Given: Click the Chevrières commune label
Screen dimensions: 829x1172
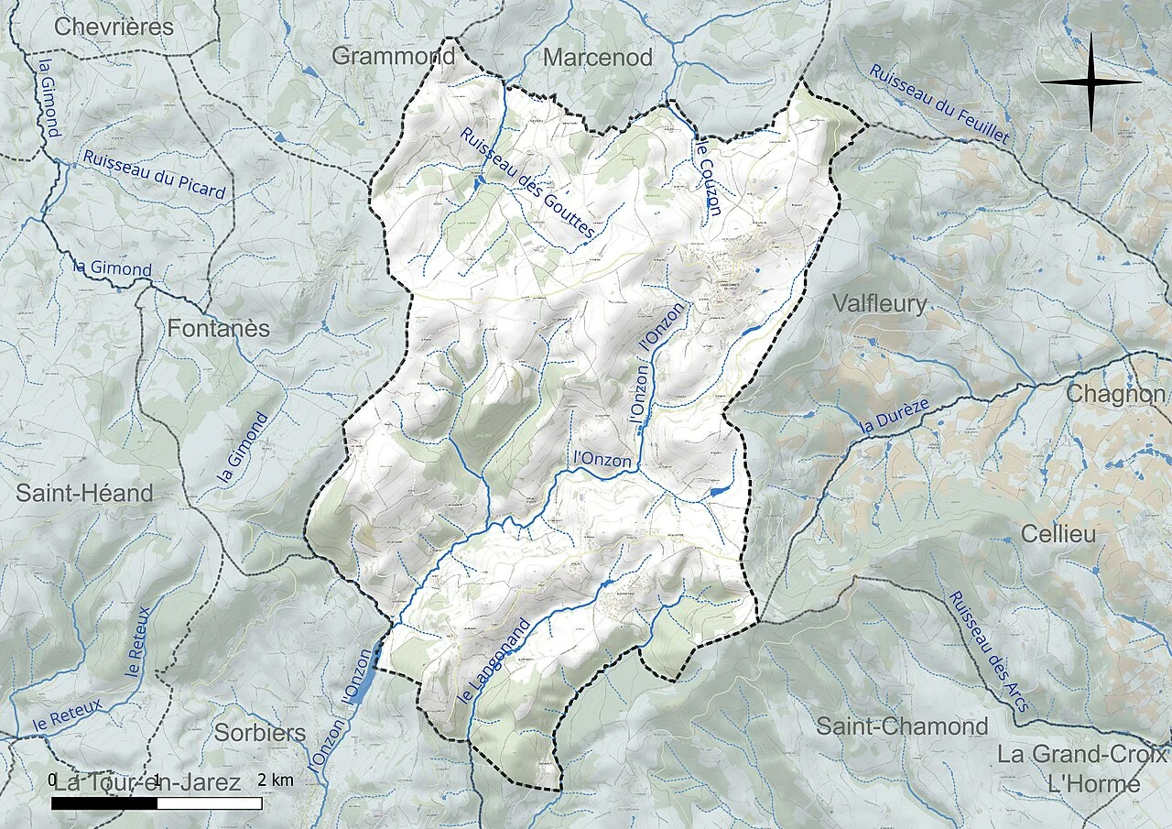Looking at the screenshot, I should coord(114,27).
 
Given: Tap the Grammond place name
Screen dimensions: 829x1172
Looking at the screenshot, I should coord(393,56).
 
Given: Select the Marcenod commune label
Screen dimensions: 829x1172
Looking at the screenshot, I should coord(598,58).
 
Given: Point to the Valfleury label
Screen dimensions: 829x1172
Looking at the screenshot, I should coord(880,303).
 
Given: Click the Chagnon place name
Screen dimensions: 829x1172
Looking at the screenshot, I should coord(1116,394).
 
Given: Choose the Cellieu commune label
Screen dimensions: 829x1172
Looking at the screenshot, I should coord(1058,534).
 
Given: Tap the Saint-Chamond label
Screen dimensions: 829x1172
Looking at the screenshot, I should coord(902,726).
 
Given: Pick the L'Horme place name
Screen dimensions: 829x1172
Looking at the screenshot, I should coord(1094,784).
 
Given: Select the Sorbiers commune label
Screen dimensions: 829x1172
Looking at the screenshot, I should coord(260,733).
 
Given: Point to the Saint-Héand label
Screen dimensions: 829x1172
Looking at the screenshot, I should coord(84,493).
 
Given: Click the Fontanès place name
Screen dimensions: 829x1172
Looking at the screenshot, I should coord(218,327).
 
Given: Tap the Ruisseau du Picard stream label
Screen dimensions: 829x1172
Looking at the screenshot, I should coord(154,173).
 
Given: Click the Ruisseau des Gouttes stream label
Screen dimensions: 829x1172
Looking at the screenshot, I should coord(527,184).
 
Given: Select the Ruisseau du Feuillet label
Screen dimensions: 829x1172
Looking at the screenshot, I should coord(939,105).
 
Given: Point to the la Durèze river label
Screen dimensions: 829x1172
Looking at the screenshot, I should coord(895,416).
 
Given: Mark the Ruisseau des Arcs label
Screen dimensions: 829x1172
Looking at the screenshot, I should coord(988,651).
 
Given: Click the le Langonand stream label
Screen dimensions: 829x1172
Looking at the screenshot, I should coord(494,661).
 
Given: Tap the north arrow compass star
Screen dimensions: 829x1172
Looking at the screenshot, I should coord(1091,82).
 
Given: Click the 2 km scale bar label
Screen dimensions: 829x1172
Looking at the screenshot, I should coord(276,780).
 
